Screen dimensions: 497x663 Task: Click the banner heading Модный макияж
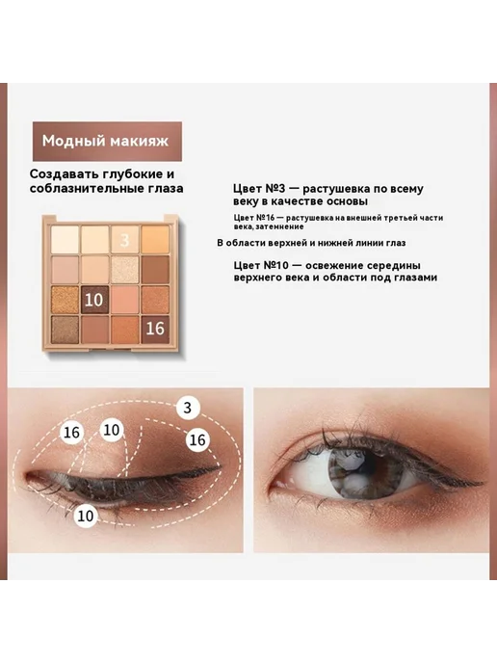click(105, 141)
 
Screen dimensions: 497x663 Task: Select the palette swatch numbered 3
click(124, 240)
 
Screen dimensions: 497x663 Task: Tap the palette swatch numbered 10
click(93, 300)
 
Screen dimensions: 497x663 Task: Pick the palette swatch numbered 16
click(155, 329)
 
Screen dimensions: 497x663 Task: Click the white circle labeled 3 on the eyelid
click(187, 408)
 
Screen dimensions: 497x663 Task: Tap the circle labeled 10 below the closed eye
click(86, 516)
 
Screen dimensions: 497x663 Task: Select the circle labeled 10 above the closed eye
click(112, 430)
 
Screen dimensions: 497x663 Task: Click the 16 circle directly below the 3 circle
click(197, 440)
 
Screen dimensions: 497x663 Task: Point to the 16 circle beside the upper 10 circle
click(71, 433)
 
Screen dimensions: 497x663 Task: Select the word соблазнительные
click(87, 188)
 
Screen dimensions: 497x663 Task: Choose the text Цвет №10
click(261, 266)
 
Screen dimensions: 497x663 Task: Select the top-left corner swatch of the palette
click(65, 240)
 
